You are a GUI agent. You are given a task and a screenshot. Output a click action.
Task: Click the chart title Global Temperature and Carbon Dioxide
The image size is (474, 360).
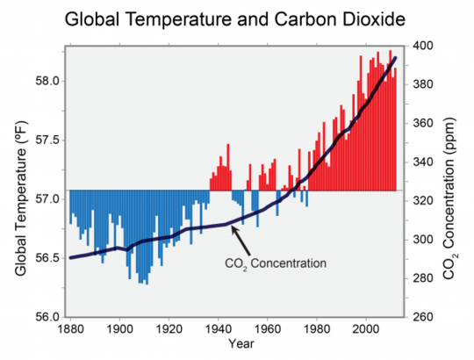click(x=237, y=18)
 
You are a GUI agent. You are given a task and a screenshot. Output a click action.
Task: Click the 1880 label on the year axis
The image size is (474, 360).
click(x=70, y=328)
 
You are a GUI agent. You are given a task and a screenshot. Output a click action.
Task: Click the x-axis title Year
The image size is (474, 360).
click(x=233, y=345)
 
